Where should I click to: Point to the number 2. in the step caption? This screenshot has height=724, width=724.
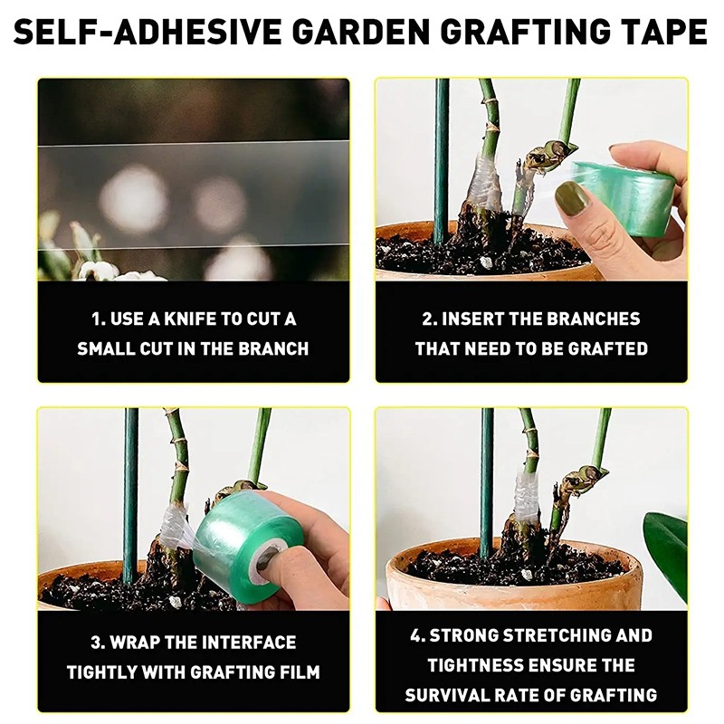(430, 319)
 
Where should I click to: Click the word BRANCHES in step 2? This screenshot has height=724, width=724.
(591, 319)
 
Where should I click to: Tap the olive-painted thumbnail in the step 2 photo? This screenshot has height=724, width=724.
(572, 197)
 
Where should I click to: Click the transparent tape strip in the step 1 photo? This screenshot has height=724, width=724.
(193, 195)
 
